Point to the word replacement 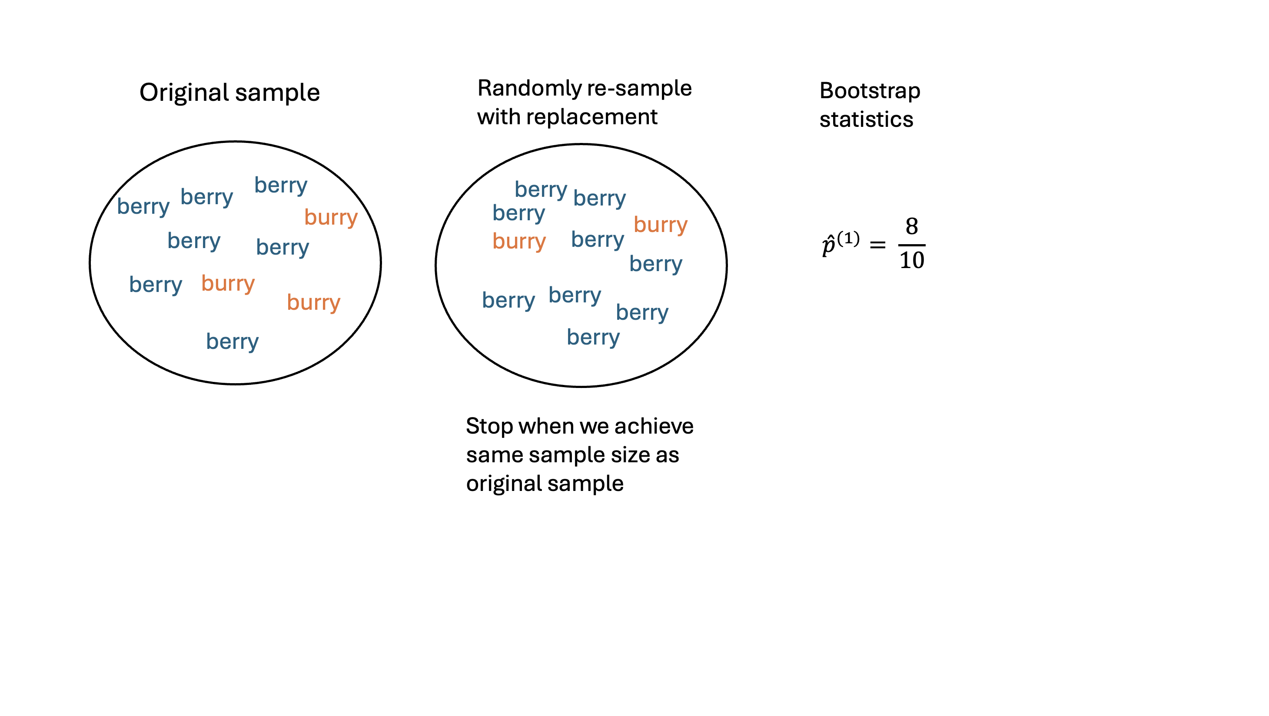point(591,117)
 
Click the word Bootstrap point(870,92)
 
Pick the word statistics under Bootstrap point(866,119)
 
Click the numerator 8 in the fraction point(911,226)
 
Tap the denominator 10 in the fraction point(911,260)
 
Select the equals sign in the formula point(877,244)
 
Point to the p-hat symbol point(828,245)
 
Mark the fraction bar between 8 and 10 point(911,245)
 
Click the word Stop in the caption point(489,427)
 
